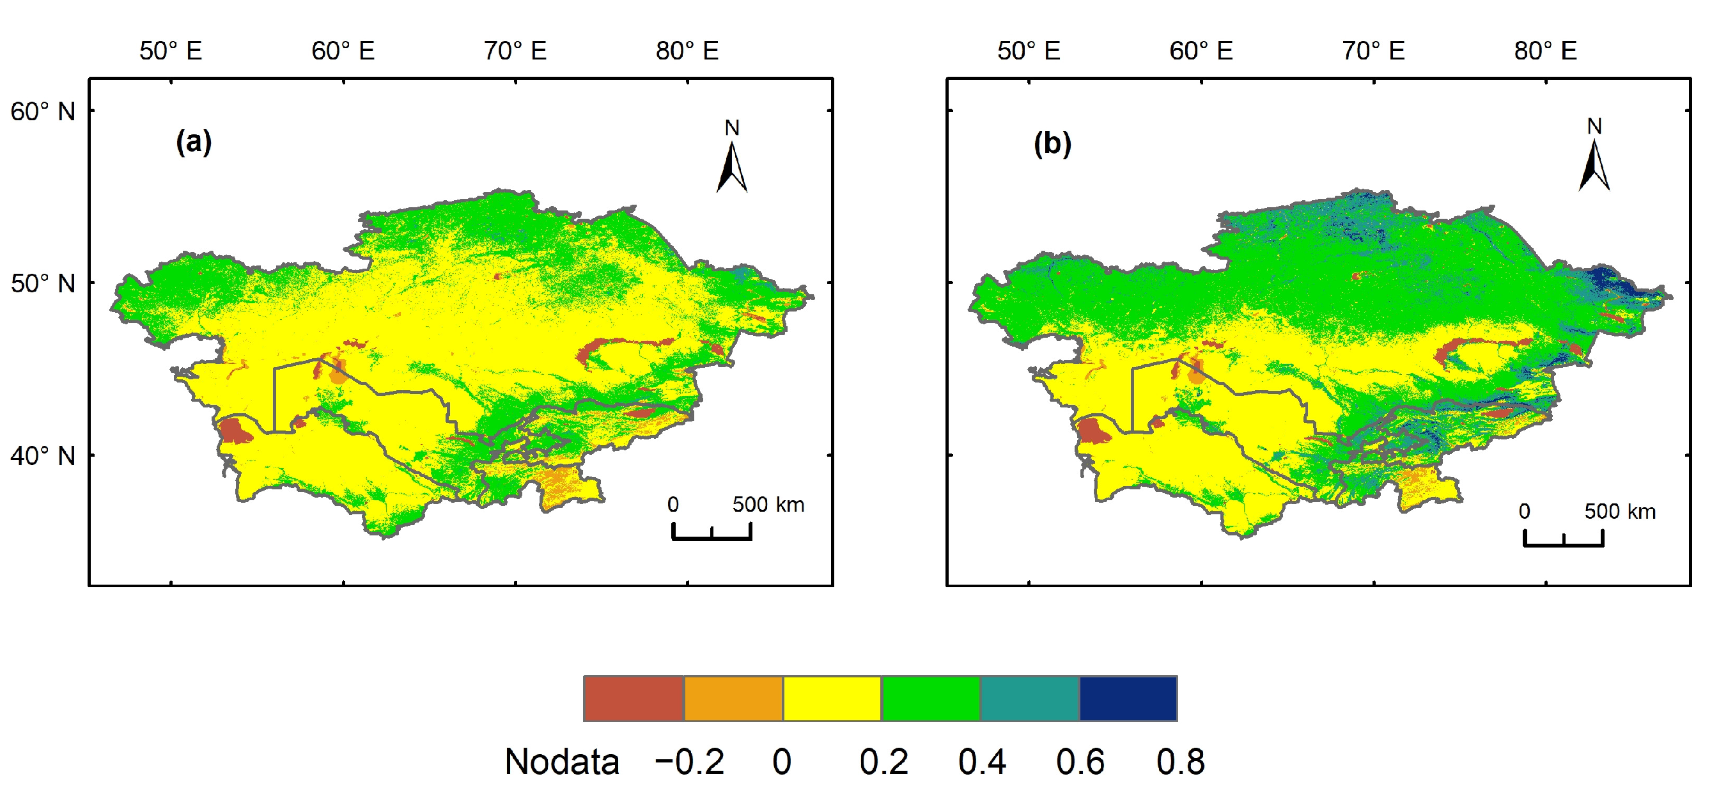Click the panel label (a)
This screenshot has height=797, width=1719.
[x=194, y=142]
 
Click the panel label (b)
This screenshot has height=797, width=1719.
[x=1052, y=144]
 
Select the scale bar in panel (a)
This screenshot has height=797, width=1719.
[x=712, y=532]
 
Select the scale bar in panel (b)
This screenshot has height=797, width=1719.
[x=1564, y=538]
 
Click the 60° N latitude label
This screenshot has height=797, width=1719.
[x=43, y=111]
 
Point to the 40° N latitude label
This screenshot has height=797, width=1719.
[x=43, y=457]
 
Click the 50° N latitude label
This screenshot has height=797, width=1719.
[x=43, y=284]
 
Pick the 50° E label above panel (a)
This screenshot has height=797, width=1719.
[x=171, y=51]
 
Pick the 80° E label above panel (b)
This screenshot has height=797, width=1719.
[x=1546, y=51]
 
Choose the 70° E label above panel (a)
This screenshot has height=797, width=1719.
[x=515, y=51]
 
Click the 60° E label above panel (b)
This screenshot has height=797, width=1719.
[x=1201, y=51]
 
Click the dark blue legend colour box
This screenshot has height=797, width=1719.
[x=1128, y=698]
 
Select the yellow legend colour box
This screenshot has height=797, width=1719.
[x=832, y=698]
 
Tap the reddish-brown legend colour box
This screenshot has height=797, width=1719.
[x=634, y=698]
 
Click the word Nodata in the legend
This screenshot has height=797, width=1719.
[x=562, y=762]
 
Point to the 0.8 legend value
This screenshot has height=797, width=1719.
[x=1181, y=762]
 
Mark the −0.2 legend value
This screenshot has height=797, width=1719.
[x=689, y=762]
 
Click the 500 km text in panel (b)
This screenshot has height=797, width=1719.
[x=1621, y=512]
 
